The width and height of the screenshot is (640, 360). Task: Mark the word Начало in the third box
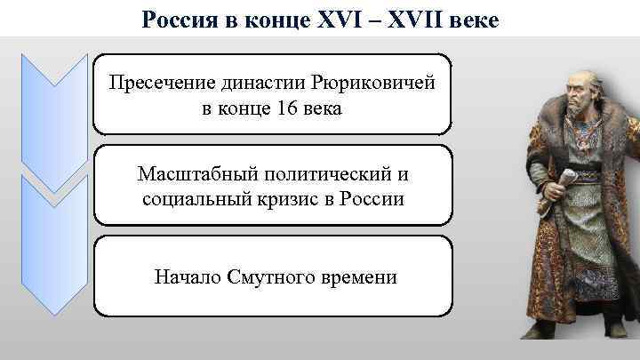[182, 277]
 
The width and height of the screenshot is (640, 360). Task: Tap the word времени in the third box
[354, 277]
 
